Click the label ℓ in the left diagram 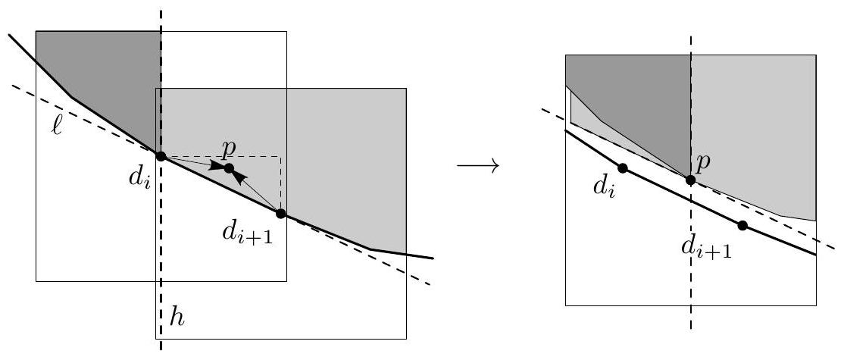57,127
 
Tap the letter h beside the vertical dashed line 176,318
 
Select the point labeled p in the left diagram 229,168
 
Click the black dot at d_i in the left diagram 161,156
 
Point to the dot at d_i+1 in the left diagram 280,214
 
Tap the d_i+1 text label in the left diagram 248,233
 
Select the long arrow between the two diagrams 478,165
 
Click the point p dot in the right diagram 691,179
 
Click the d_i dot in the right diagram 623,168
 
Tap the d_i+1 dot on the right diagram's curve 742,225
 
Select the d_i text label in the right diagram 604,186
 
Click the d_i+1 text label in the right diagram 706,248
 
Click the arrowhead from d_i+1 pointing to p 239,177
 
